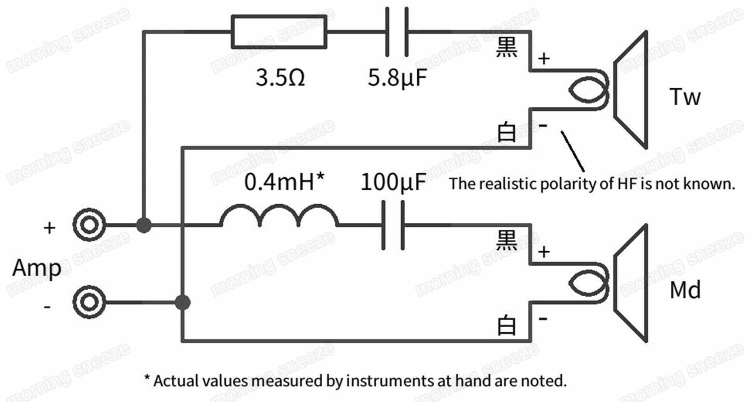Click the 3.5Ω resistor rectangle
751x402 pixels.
[279, 32]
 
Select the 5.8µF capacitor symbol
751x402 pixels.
[397, 32]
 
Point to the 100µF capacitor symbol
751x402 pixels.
[393, 225]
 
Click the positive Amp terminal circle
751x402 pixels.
[90, 225]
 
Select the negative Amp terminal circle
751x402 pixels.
[90, 302]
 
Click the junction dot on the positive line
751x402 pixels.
[144, 225]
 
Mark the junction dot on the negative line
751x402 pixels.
[182, 302]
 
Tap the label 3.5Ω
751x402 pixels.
[280, 78]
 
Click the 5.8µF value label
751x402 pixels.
[397, 78]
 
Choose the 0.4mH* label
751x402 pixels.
[284, 182]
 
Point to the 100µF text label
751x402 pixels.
[393, 182]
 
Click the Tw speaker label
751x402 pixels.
[685, 97]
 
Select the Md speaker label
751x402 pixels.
[685, 290]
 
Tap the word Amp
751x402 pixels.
[37, 269]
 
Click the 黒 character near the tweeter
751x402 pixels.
[507, 48]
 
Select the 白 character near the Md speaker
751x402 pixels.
[507, 325]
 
